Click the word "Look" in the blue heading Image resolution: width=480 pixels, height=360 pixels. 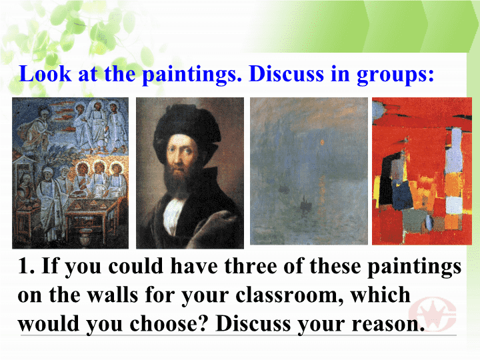45,74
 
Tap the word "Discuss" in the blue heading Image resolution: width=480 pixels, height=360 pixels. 286,74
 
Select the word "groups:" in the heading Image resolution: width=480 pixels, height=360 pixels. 395,75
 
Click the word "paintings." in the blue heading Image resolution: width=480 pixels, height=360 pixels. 192,75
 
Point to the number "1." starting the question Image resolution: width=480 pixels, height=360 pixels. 27,266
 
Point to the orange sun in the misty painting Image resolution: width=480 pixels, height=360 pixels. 322,142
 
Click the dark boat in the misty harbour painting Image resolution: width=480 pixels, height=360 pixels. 304,203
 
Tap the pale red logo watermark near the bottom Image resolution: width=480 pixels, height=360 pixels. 432,311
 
